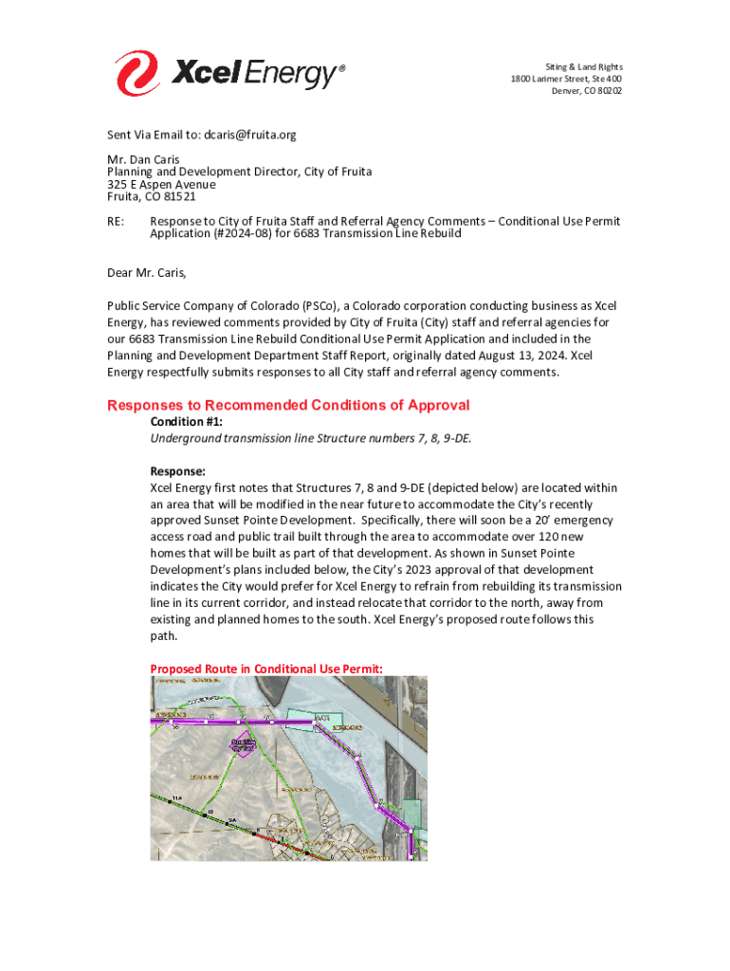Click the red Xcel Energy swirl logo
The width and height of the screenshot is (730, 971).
[137, 72]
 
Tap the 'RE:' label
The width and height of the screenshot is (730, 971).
[116, 221]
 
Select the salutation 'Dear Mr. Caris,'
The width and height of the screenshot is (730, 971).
[147, 274]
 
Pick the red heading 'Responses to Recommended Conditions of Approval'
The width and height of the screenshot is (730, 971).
[288, 406]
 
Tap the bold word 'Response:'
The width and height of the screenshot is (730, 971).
[177, 470]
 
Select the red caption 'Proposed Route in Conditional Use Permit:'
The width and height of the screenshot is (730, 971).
[266, 669]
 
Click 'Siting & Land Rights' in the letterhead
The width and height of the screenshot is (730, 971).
[584, 66]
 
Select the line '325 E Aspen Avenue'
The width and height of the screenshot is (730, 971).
[160, 185]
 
